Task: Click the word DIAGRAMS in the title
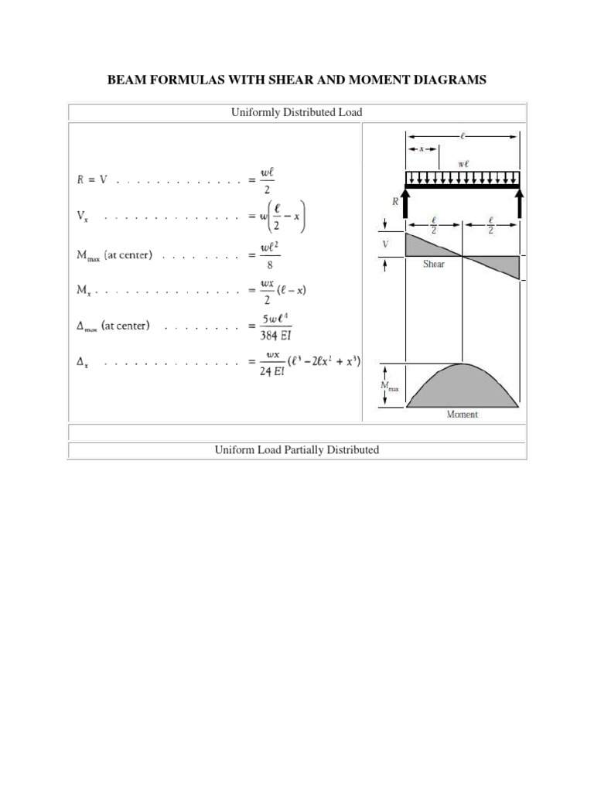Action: (445, 80)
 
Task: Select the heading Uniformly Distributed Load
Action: (296, 113)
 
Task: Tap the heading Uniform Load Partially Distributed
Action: (296, 449)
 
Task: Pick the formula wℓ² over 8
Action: (268, 255)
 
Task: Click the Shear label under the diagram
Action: (433, 264)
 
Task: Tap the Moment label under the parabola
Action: (462, 415)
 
